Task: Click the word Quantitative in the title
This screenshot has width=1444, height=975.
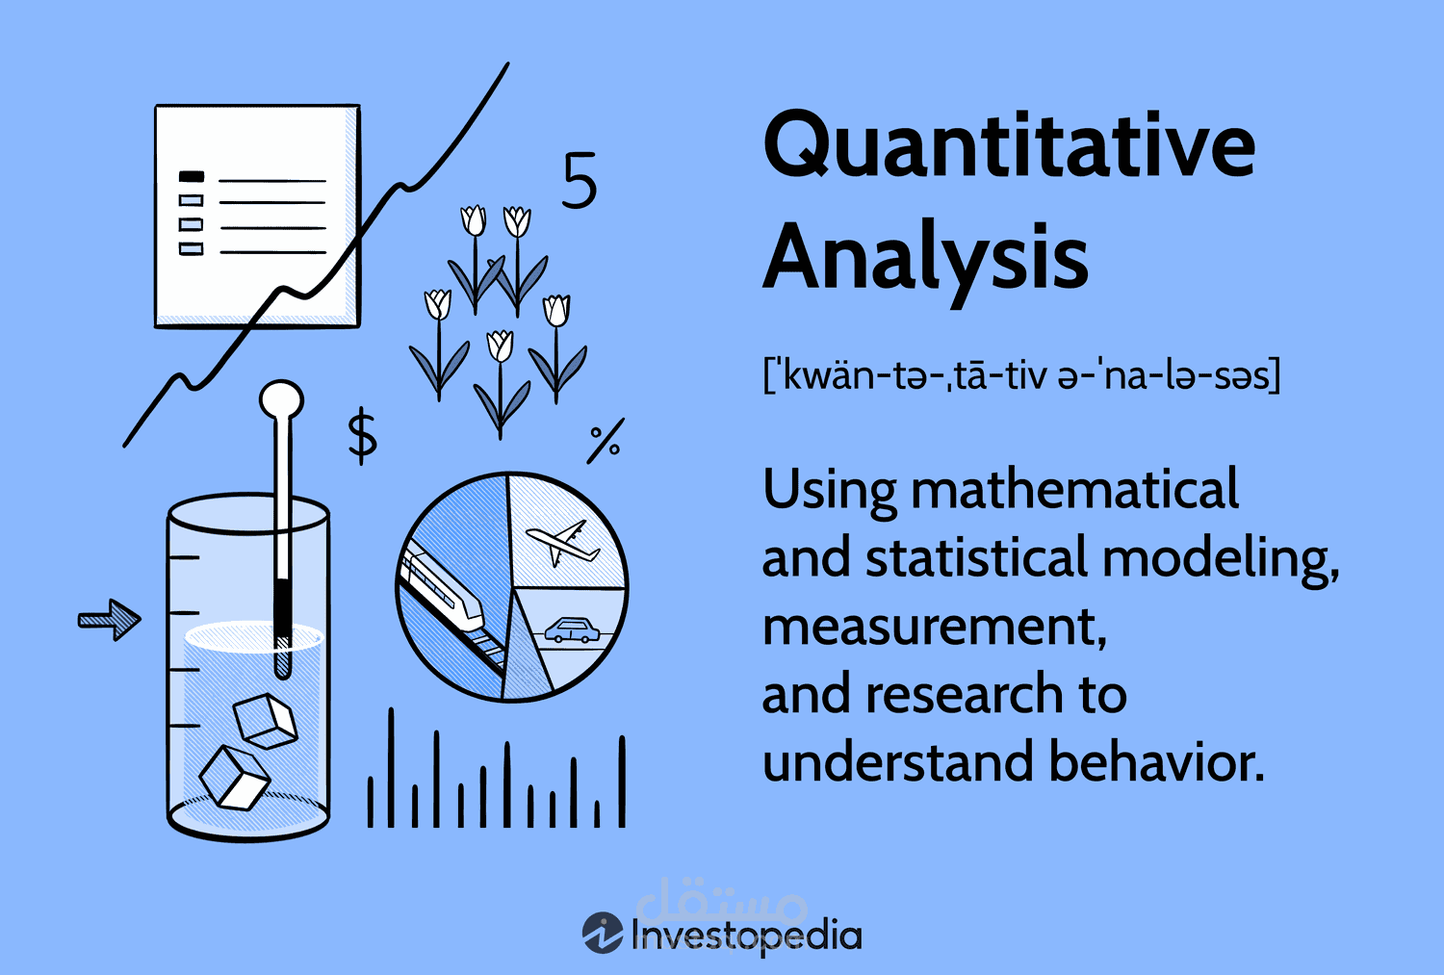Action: click(1008, 146)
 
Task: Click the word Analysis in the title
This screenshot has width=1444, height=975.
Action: click(925, 257)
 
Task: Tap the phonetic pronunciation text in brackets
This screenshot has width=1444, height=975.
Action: click(1021, 374)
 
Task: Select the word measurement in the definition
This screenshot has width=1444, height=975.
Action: click(934, 627)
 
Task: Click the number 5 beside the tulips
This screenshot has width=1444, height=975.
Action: click(580, 181)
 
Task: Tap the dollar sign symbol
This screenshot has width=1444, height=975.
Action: click(363, 436)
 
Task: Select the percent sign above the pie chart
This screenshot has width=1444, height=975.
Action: click(606, 442)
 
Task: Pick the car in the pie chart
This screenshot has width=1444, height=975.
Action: click(572, 630)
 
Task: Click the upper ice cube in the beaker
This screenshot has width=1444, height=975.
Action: click(267, 720)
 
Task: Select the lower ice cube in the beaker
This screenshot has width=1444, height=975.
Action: click(233, 778)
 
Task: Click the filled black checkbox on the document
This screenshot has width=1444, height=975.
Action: click(192, 177)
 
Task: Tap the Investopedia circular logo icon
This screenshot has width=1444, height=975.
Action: click(603, 934)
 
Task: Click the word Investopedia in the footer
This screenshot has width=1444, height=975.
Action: click(746, 936)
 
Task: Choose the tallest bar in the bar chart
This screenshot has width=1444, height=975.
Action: click(391, 768)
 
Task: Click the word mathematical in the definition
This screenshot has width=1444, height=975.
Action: click(1074, 490)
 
